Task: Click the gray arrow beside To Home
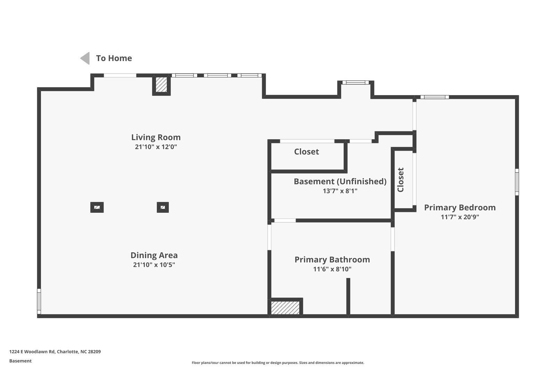(85, 58)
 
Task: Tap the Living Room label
(156, 137)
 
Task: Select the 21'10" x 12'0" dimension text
(156, 147)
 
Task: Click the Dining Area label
(154, 255)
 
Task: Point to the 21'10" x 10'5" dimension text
(154, 265)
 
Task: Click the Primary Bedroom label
(460, 208)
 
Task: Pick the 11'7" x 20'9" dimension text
(460, 217)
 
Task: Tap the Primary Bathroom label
(332, 260)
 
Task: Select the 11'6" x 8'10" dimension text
(332, 269)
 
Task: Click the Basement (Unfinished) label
(340, 182)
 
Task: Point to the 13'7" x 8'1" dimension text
(340, 191)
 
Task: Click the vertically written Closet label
(401, 179)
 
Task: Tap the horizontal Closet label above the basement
(306, 152)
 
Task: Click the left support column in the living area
(97, 208)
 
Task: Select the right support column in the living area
(163, 208)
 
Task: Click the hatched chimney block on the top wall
(161, 85)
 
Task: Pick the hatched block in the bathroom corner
(285, 308)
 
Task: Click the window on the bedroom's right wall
(517, 182)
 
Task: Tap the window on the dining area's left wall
(39, 301)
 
